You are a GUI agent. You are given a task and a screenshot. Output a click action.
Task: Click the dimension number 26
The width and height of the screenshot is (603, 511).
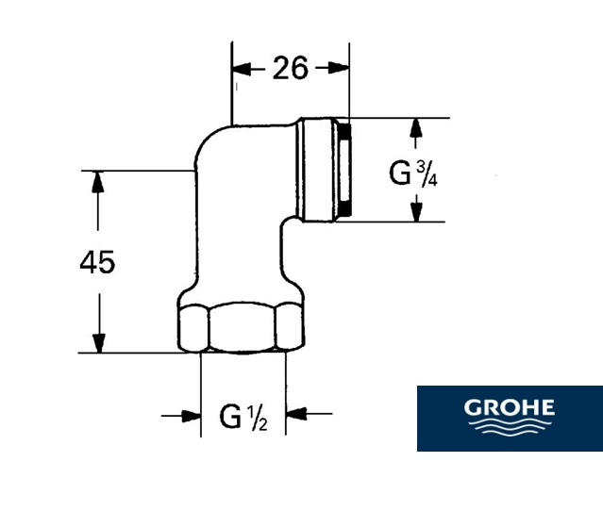click(291, 69)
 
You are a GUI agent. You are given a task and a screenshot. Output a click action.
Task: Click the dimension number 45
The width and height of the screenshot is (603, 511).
click(96, 262)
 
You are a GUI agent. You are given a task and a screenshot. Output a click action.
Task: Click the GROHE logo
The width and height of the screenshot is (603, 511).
click(509, 419)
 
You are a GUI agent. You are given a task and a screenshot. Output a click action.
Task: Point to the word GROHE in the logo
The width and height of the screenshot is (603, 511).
click(509, 408)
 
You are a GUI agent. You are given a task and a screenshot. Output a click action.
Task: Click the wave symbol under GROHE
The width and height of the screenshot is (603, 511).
click(509, 430)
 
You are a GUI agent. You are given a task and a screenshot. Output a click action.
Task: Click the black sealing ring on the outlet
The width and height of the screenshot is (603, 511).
click(344, 171)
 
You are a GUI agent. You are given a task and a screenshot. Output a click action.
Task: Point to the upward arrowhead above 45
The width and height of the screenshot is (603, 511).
click(95, 180)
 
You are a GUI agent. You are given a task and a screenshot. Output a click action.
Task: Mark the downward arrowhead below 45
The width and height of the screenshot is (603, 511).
click(95, 343)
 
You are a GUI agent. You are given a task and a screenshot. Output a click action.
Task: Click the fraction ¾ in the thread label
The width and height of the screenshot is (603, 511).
click(424, 173)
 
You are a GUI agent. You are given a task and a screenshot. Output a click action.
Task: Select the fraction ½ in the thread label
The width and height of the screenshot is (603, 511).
click(259, 417)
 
